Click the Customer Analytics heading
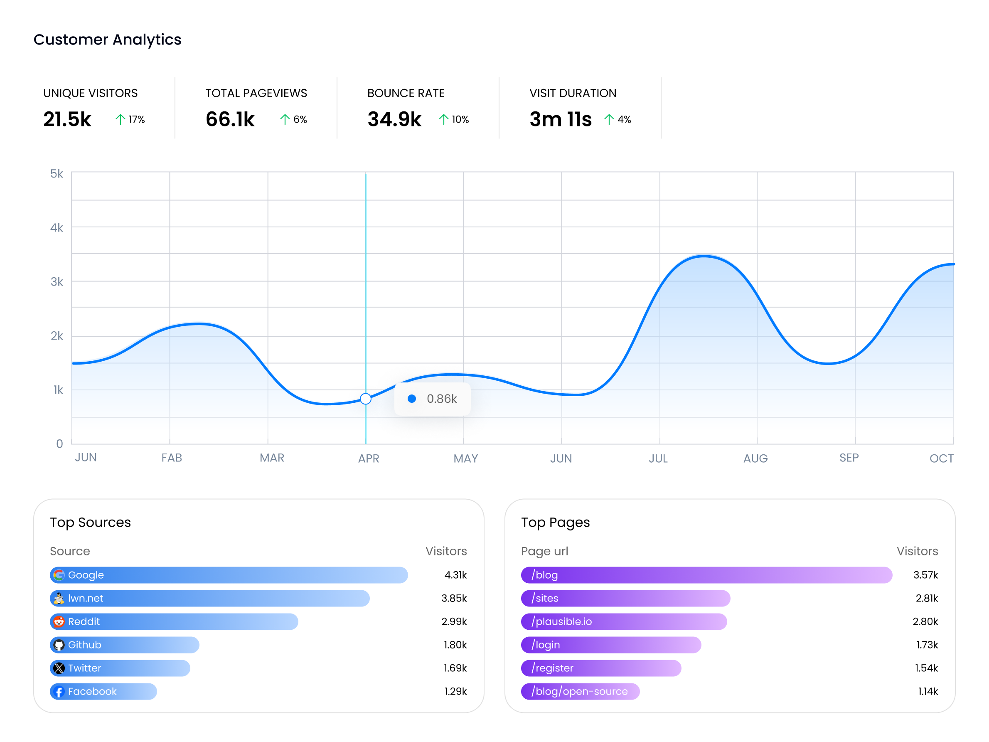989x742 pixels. [x=107, y=39]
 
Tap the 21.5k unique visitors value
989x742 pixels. [x=67, y=119]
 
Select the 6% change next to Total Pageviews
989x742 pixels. [x=300, y=119]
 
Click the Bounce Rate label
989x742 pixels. [x=406, y=93]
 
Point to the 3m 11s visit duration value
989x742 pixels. [x=560, y=119]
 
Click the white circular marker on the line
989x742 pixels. [x=365, y=399]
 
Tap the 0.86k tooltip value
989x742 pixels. [x=441, y=399]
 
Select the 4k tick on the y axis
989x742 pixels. [x=57, y=228]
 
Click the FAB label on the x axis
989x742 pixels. [x=172, y=458]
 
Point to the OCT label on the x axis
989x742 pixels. [x=941, y=459]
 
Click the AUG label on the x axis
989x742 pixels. [x=755, y=459]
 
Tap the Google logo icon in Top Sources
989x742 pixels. [x=59, y=575]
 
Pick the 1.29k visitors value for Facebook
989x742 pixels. [x=455, y=691]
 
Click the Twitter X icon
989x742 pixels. [x=59, y=668]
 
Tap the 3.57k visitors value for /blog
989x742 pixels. [x=925, y=575]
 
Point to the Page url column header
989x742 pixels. [x=544, y=551]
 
